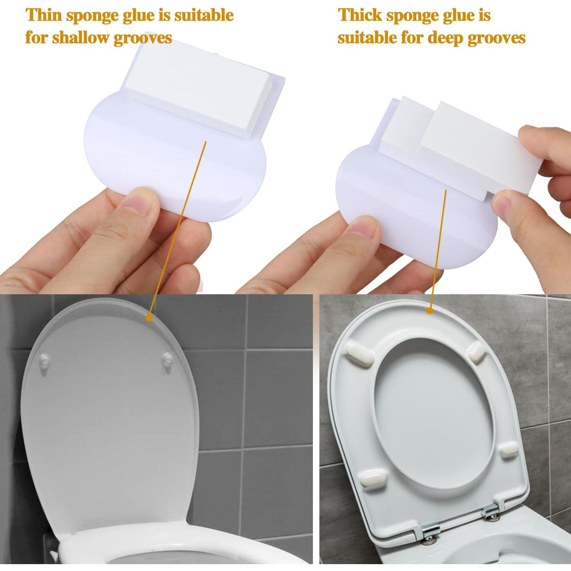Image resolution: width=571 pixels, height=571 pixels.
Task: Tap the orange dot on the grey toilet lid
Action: [149, 317]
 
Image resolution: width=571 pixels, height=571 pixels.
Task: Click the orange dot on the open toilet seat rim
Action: [430, 311]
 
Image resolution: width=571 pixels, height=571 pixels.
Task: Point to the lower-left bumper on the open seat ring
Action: [374, 478]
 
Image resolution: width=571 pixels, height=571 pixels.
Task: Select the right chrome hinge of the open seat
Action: [491, 510]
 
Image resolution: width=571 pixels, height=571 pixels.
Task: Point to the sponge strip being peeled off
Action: [476, 152]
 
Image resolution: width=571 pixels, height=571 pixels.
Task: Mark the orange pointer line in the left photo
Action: [178, 228]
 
